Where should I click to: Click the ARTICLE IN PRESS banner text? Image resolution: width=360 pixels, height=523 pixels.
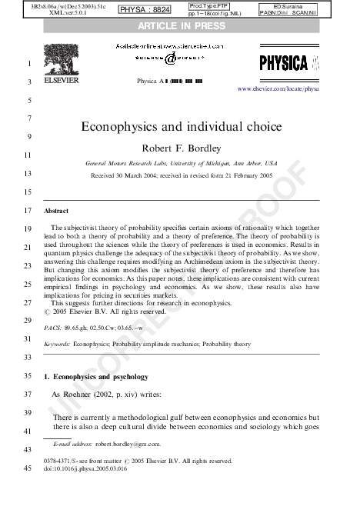(182, 26)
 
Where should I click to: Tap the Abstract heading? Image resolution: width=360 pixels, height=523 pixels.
(55, 210)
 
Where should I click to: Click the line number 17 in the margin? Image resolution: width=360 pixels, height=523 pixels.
(28, 210)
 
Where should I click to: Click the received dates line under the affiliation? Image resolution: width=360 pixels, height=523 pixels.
(182, 175)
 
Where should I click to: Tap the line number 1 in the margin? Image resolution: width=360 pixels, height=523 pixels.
(28, 63)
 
